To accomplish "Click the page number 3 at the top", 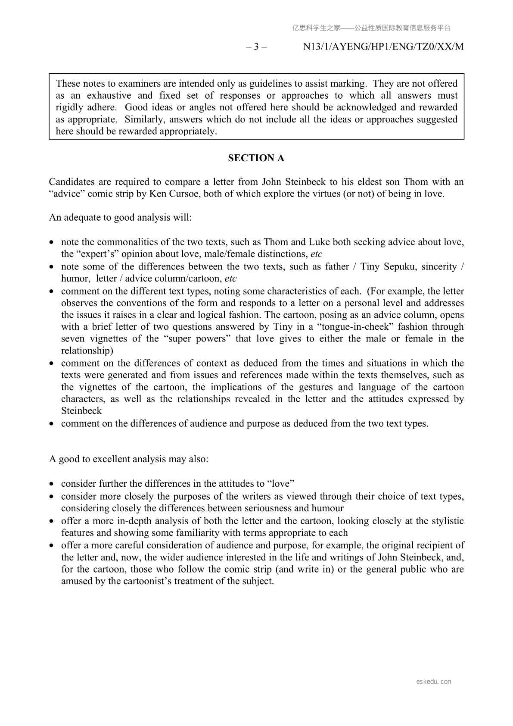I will pos(256,47).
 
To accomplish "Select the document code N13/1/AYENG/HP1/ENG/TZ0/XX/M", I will pos(383,47).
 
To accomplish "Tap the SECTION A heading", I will pos(256,158).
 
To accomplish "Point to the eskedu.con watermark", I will pos(434,682).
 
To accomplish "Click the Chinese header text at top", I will pos(371,28).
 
